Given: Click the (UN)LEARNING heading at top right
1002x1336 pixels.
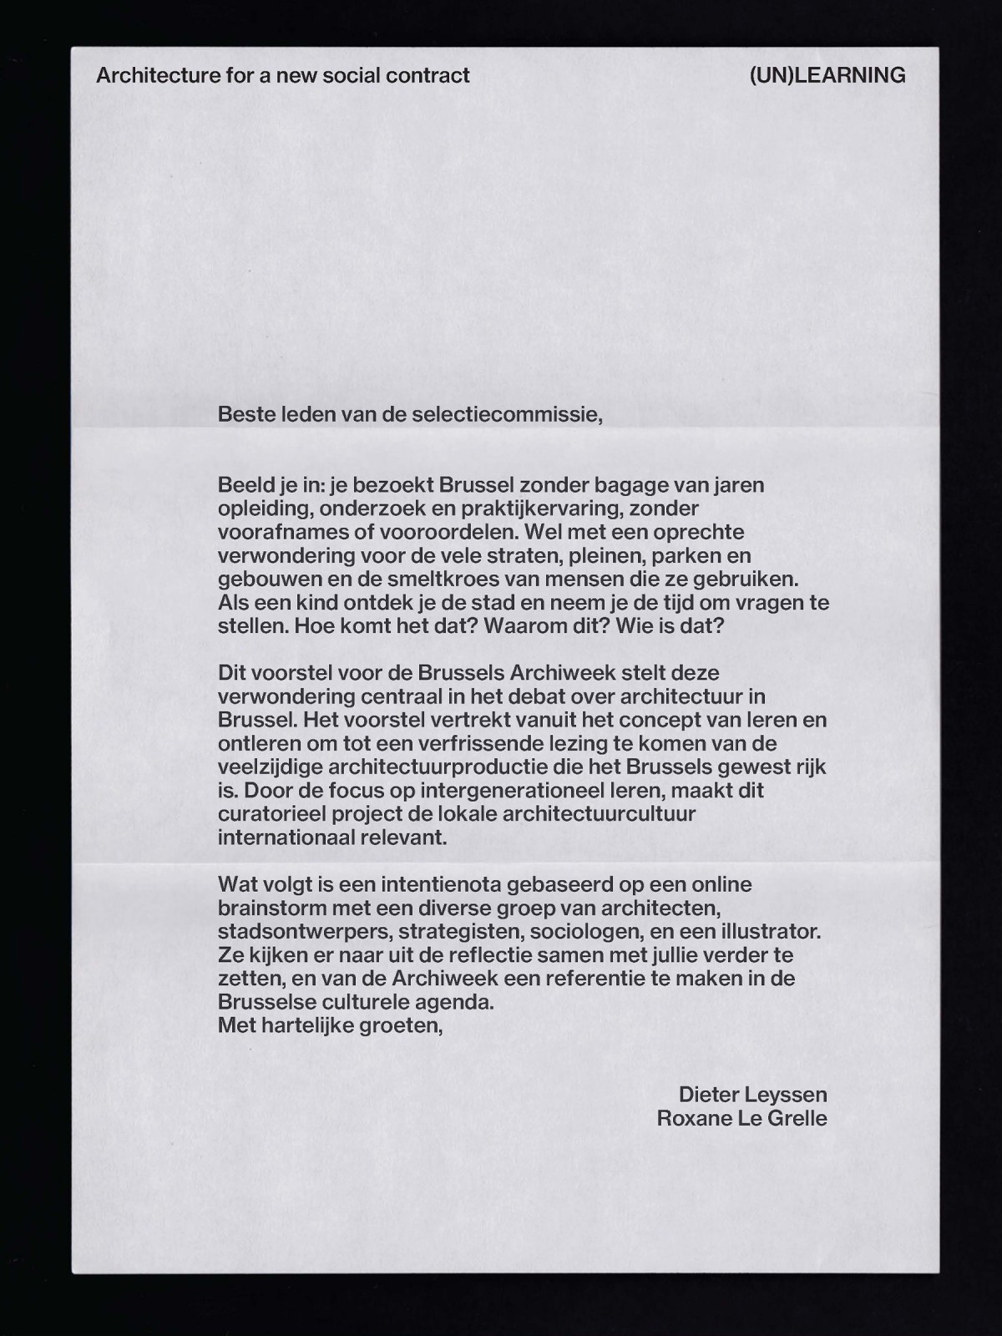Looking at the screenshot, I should [x=827, y=76].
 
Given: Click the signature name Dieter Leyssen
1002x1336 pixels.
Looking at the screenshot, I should [x=752, y=1095].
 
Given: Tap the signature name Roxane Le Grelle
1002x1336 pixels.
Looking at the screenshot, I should [x=741, y=1118].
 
